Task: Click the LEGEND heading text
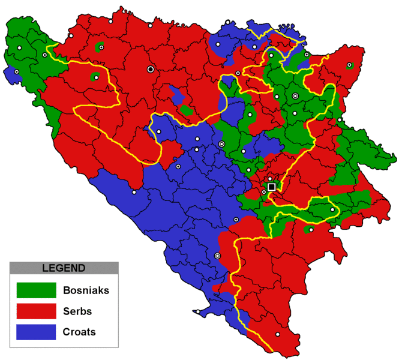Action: [x=64, y=268]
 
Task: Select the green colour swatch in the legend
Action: [x=36, y=291]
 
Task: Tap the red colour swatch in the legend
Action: [x=36, y=311]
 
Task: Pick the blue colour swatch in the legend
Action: [x=36, y=332]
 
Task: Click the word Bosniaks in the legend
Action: [x=85, y=291]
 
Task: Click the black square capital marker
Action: [x=272, y=187]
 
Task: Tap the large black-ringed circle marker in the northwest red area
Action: [x=151, y=70]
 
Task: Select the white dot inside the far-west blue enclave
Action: [x=16, y=72]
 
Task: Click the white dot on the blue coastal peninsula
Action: [x=197, y=312]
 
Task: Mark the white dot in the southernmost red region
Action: [x=277, y=334]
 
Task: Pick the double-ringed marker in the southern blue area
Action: [x=217, y=256]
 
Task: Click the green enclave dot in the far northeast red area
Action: [x=349, y=65]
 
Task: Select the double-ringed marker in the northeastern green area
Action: [x=295, y=96]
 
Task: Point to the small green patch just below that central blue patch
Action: [x=186, y=110]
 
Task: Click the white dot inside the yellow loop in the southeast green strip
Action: [x=332, y=209]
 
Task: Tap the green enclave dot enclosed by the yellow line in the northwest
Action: [x=96, y=77]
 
